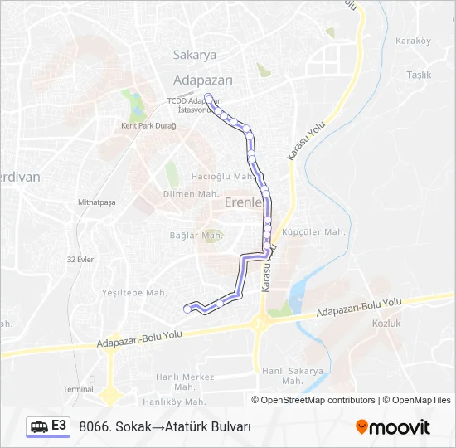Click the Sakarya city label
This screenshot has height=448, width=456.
coord(195,55)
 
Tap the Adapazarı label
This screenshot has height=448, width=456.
coord(203,80)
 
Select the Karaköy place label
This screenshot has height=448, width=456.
coord(413,41)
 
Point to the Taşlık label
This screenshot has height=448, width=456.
coord(419,75)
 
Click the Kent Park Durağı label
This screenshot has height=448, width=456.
coord(150,125)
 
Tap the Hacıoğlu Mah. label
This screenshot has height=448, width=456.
coord(221,176)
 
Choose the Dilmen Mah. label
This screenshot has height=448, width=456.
coord(191,194)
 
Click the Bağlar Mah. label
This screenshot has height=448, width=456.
coord(196,236)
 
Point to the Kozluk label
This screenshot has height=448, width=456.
coord(386,323)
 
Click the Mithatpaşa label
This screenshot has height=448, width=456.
coord(96,202)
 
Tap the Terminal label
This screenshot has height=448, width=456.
coord(78,388)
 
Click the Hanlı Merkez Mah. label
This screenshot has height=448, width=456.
coord(187,381)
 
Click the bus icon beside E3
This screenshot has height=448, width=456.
coord(39,426)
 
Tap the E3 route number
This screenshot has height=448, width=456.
coord(59,426)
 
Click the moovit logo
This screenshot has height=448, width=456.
coord(393,427)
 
